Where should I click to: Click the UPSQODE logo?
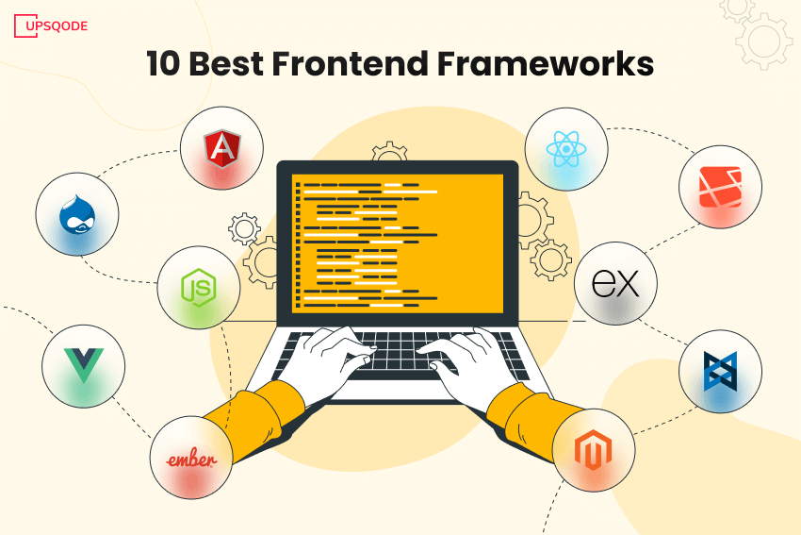click(x=51, y=25)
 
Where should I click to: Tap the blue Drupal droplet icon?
click(x=76, y=215)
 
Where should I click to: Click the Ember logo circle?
click(x=191, y=459)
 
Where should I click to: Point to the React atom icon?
click(x=564, y=149)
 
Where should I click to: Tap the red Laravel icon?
click(x=721, y=186)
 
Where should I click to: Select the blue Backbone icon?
click(x=720, y=371)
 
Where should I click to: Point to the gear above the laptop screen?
click(x=388, y=155)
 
